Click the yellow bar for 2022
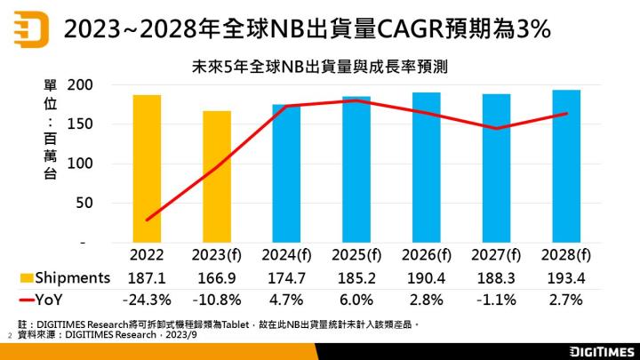[x=148, y=168]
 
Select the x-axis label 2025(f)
[x=356, y=255]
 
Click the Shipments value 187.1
[x=148, y=278]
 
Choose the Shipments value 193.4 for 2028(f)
[x=565, y=278]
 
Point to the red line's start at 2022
[x=148, y=219]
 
